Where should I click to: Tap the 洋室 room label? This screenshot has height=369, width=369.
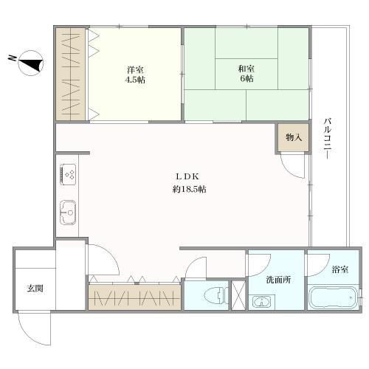(134, 70)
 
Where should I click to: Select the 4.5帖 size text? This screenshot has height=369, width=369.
(134, 80)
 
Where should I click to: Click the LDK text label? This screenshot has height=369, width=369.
(184, 176)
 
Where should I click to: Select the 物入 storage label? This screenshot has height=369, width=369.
(294, 138)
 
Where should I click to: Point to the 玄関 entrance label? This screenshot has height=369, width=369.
(34, 288)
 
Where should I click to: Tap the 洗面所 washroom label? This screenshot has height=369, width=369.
(277, 280)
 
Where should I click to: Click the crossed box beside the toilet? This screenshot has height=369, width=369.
(238, 295)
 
